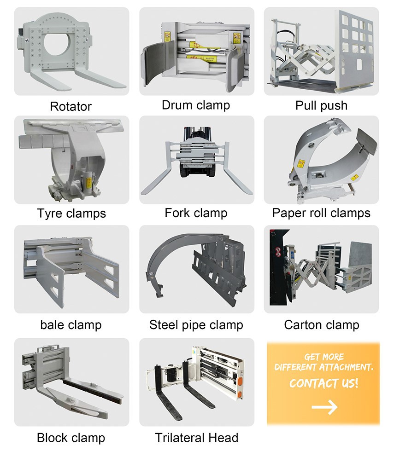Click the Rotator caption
(71, 107)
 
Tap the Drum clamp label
(196, 105)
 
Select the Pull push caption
(321, 105)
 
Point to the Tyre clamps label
(71, 214)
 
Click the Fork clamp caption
(196, 213)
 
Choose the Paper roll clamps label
(321, 213)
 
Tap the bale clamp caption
(71, 324)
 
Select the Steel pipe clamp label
(196, 325)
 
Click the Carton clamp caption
(321, 324)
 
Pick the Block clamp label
(71, 437)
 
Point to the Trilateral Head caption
(196, 437)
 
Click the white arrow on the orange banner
(324, 407)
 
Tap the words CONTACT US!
(323, 383)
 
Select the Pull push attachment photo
(321, 51)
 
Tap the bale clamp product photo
(71, 269)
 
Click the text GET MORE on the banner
(323, 357)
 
